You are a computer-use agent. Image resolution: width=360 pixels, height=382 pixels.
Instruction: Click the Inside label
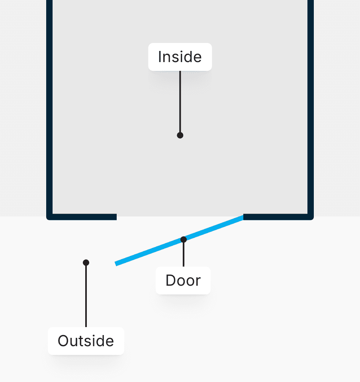[x=180, y=57]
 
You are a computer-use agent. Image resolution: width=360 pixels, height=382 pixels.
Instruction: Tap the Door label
[x=183, y=281]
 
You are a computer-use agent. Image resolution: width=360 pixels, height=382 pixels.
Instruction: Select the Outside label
[x=86, y=341]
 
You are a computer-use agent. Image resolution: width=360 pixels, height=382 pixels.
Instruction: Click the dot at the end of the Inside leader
[x=180, y=135]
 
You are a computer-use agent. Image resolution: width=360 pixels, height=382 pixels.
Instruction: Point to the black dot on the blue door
[x=184, y=240]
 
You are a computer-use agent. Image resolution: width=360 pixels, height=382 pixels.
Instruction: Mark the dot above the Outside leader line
[x=86, y=263]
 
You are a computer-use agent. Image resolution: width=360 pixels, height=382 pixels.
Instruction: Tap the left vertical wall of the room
[x=49, y=107]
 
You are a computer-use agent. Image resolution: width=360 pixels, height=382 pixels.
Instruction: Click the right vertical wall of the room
[x=311, y=107]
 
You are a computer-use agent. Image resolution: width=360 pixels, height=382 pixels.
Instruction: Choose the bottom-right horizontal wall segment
[x=277, y=217]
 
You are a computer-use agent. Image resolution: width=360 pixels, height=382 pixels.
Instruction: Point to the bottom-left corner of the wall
[x=49, y=217]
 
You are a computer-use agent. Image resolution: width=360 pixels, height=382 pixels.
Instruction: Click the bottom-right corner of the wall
[x=311, y=217]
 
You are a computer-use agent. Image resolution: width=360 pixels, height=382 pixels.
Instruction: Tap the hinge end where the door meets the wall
[x=242, y=217]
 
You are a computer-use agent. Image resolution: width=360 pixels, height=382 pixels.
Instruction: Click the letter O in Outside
[x=63, y=341]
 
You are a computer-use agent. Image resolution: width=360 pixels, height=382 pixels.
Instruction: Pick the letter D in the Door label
[x=170, y=281]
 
